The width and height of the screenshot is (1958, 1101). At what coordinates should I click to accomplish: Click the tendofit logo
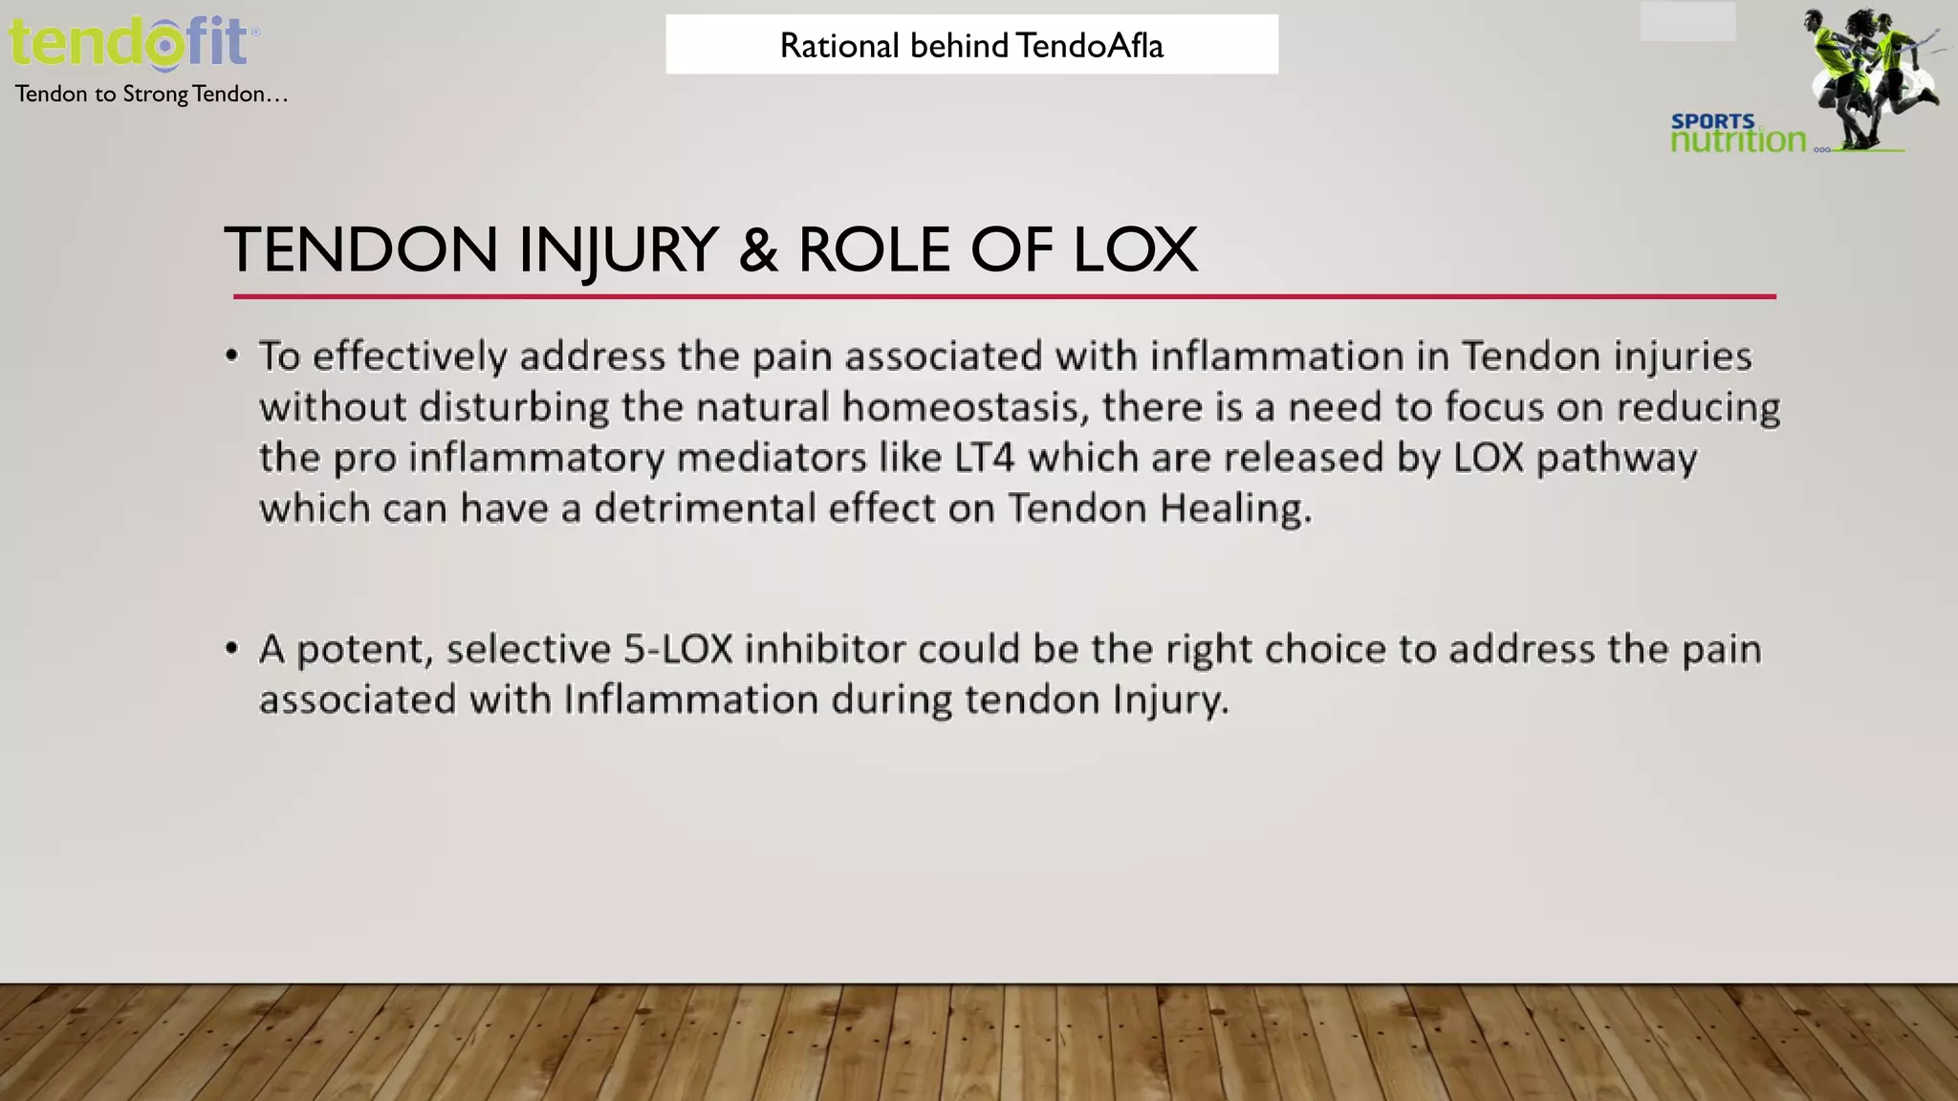coord(133,43)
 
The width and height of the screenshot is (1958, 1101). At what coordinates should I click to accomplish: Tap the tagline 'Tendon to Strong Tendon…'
coord(151,94)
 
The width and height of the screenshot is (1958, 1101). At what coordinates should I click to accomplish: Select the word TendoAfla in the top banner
coord(1089,46)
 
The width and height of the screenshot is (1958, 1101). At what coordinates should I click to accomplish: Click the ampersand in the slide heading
coord(757,250)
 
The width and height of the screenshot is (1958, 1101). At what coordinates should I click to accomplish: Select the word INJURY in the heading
coord(618,250)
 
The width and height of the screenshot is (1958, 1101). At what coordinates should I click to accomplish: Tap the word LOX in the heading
coord(1135,250)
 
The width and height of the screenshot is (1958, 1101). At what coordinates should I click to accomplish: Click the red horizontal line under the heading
coord(1004,297)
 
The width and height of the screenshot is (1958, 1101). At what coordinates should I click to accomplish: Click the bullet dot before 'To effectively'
coord(231,356)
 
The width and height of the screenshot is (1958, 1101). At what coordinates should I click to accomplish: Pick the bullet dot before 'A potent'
coord(231,649)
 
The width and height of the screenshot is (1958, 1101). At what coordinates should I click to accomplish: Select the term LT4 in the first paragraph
coord(984,458)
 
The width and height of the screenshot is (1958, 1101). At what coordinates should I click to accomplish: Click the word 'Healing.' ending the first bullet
coord(1236,508)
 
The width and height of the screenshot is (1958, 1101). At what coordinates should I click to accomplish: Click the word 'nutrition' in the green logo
coord(1738,140)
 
